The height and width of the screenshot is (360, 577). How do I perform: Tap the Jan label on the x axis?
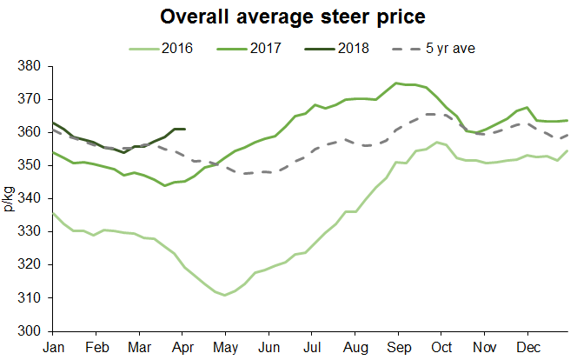[53, 346]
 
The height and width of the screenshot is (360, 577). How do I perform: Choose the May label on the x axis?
[225, 346]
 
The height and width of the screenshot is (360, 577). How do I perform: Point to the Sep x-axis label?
[399, 346]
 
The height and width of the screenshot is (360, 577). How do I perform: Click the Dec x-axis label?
[528, 346]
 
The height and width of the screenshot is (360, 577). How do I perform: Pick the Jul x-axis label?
[312, 346]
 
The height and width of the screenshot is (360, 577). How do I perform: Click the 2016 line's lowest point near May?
[225, 296]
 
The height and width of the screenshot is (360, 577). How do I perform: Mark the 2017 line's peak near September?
[396, 83]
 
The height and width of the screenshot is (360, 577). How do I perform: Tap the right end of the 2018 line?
[185, 129]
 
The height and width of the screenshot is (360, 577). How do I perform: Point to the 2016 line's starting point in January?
[53, 212]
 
